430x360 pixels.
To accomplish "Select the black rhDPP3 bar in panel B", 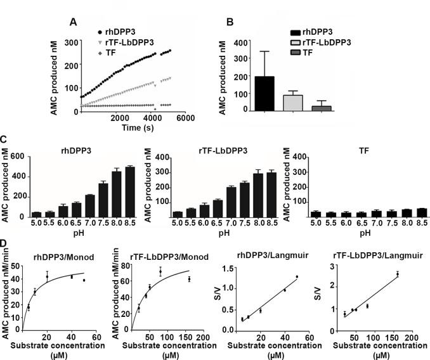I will [x=264, y=94].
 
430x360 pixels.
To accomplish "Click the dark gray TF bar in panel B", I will [x=322, y=109].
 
